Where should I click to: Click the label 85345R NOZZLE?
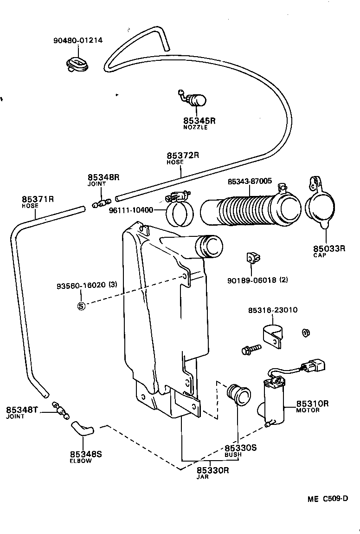point(199,123)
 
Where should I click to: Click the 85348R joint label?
point(103,180)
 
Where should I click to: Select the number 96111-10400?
point(131,210)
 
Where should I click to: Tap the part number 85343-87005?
point(250,181)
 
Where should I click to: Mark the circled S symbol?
point(81,306)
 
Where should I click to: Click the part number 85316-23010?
point(272,310)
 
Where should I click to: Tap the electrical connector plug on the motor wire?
point(314,366)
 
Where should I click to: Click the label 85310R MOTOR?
point(312,406)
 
